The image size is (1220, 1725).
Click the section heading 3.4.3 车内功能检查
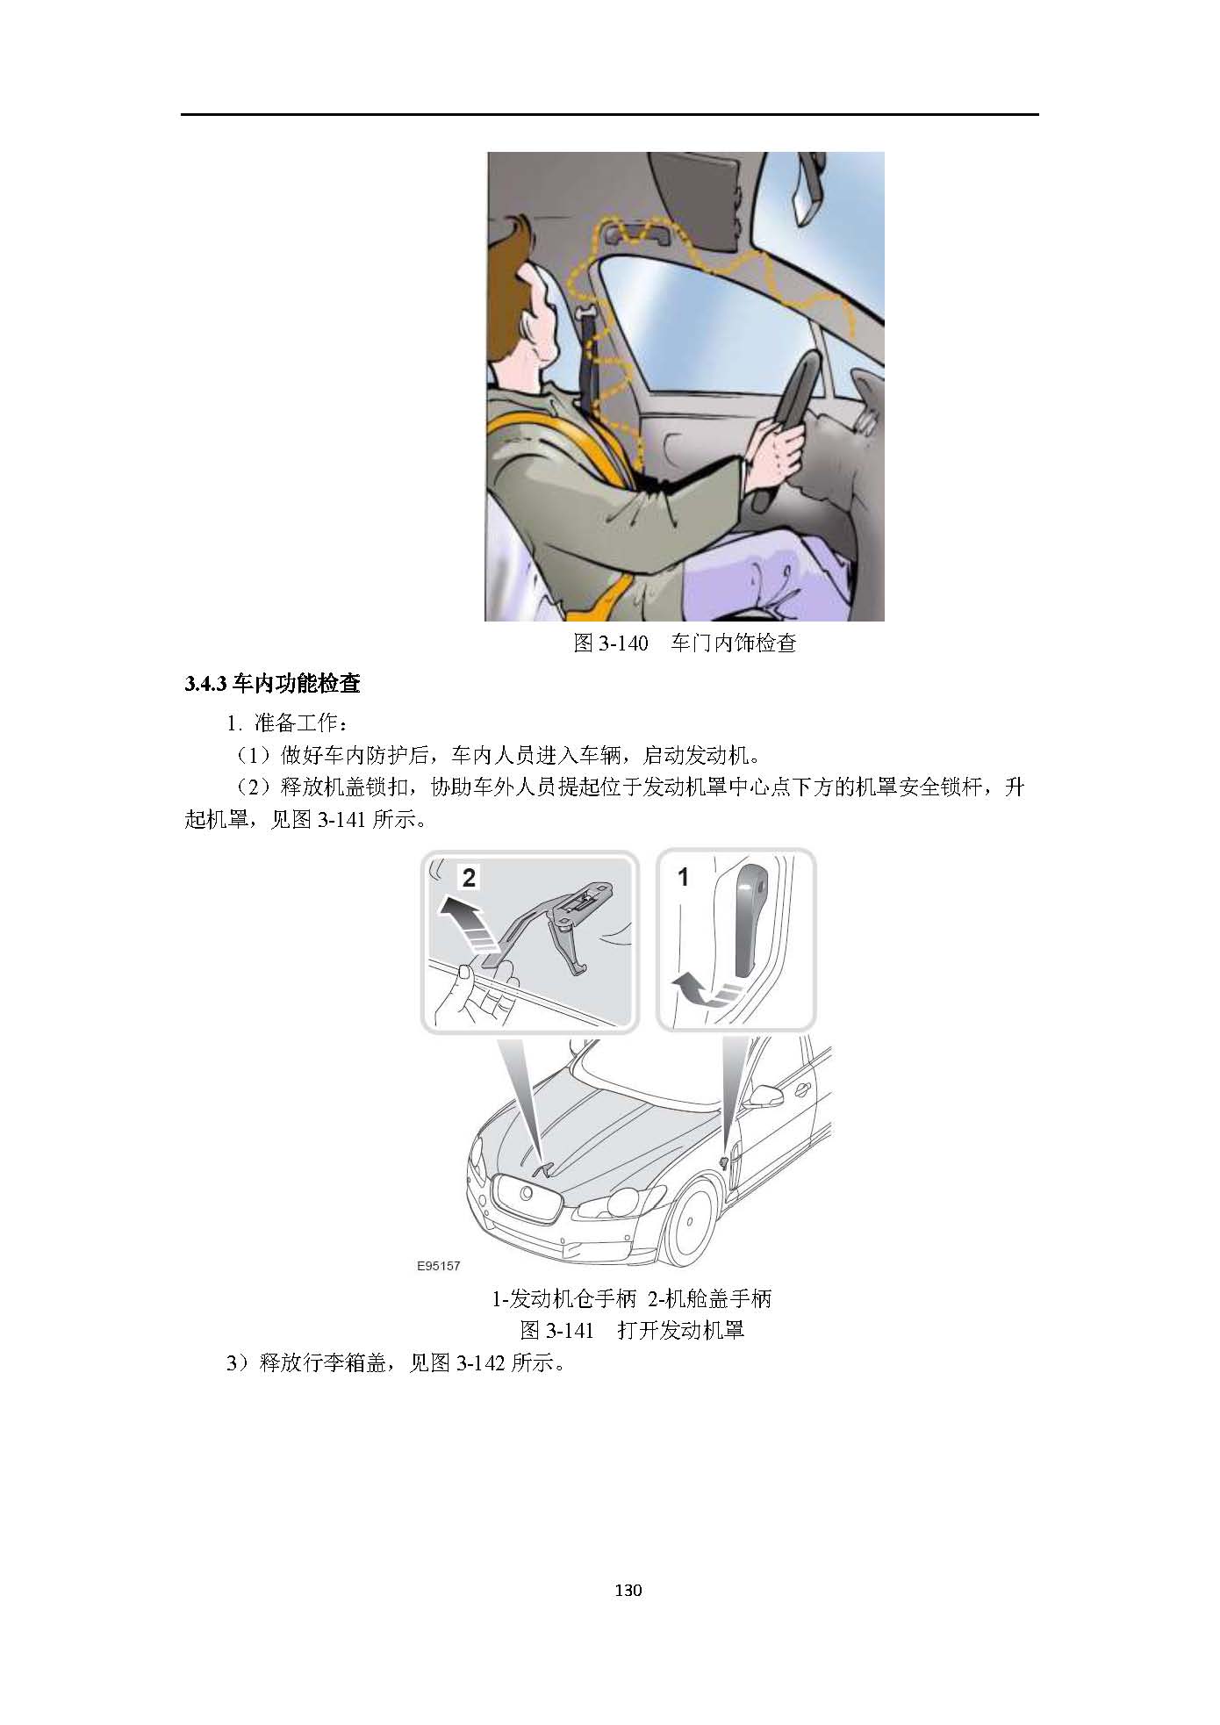coord(272,684)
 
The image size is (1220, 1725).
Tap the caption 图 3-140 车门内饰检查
coord(685,643)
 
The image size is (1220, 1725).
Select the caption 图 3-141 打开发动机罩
coord(632,1329)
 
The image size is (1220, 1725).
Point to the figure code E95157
coord(439,1266)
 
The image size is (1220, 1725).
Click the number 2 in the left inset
coord(469,877)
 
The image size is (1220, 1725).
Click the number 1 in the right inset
coord(684,876)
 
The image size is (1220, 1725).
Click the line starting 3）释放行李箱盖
coord(394,1363)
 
